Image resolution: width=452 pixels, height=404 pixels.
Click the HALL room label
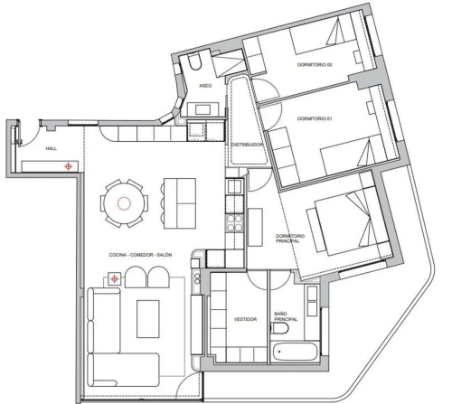52,148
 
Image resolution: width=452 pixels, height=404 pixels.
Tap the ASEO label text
205,86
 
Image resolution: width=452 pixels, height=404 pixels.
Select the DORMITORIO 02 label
315,64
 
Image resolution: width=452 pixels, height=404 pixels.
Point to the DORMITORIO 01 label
315,118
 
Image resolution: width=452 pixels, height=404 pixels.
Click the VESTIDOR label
246,319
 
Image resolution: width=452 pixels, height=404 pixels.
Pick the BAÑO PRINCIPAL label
286,316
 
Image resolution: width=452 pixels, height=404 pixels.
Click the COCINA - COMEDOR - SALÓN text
140,255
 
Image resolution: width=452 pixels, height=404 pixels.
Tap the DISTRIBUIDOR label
247,145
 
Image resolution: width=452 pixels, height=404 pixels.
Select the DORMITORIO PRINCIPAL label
286,239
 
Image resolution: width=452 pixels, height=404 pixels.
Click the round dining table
123,203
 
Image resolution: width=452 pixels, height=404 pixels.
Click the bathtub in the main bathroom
294,352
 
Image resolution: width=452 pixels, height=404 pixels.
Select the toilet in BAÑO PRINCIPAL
280,328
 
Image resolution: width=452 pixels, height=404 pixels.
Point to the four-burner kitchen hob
234,223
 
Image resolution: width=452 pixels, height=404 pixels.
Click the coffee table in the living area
148,319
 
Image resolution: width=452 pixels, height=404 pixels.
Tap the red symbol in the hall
69,166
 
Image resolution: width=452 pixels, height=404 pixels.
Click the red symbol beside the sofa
115,279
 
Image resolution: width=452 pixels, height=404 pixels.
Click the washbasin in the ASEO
202,109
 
